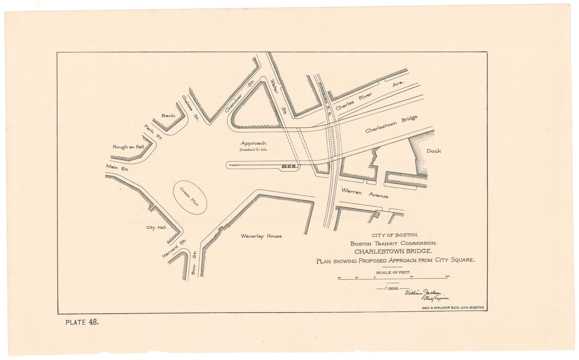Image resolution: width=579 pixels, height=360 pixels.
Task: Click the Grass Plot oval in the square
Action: pos(190,197)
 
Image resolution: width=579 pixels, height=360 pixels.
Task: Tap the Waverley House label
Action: pos(261,236)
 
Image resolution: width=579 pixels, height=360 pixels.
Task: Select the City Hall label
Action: pos(156,228)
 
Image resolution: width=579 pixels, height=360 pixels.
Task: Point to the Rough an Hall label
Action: pos(128,147)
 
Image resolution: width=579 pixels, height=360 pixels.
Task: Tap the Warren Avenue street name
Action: pos(365,193)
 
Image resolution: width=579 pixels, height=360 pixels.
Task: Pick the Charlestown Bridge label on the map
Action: pos(391,124)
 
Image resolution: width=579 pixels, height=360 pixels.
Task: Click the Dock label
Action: pos(433,151)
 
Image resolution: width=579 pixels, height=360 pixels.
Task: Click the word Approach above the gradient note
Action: pos(253,143)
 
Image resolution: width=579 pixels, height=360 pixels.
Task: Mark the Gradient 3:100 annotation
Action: pos(253,150)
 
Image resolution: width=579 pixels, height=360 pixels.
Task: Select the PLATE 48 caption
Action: pos(82,322)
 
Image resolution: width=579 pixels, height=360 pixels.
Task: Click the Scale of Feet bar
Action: pos(393,278)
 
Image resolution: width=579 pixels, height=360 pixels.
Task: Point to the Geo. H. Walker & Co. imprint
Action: pos(453,307)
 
